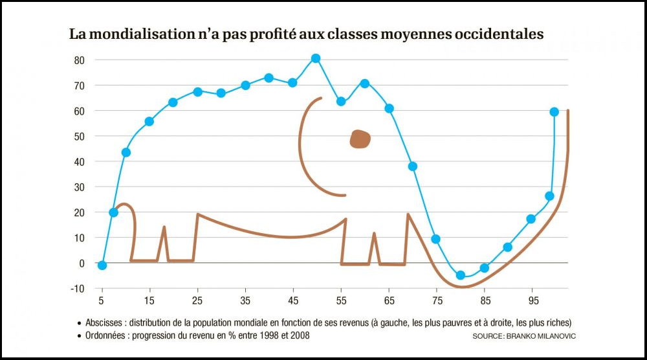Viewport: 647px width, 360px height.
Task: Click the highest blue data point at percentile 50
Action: pos(316,58)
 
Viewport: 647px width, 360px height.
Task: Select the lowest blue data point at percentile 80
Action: pos(461,275)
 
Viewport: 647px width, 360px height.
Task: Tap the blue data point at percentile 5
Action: pos(102,265)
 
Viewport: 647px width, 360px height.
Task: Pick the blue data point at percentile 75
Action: pos(436,239)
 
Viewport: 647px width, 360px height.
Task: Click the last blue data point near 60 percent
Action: pos(554,112)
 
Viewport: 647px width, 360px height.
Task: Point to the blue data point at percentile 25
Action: pos(198,92)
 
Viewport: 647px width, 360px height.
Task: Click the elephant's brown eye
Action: pos(360,139)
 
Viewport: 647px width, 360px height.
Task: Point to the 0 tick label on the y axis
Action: pos(82,264)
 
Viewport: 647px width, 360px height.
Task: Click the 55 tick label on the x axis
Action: pos(341,301)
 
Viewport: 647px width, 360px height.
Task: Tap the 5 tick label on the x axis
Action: pos(102,301)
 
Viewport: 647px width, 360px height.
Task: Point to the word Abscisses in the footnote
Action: pos(105,322)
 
